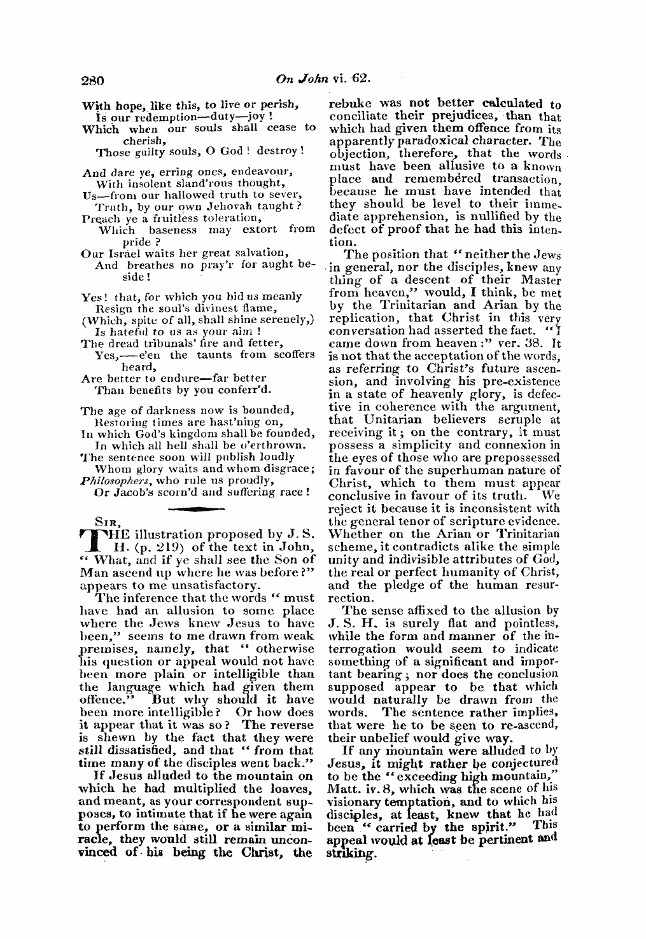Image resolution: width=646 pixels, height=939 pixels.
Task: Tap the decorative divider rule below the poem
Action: pyautogui.click(x=198, y=509)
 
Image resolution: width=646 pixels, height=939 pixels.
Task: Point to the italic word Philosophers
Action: pyautogui.click(x=112, y=480)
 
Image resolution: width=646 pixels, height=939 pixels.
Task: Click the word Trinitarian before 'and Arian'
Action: pyautogui.click(x=396, y=305)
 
